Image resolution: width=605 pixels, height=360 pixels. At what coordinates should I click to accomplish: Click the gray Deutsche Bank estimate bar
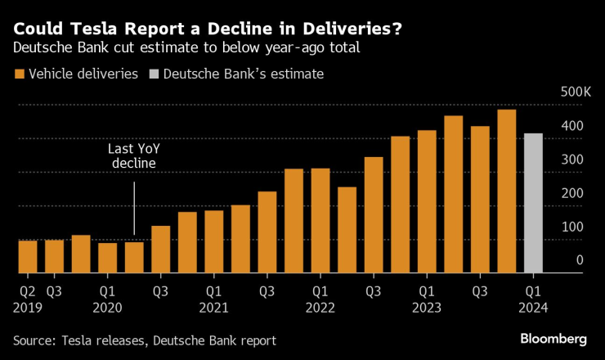tap(533, 203)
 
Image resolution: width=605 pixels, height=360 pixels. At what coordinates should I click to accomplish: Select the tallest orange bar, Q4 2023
tap(506, 191)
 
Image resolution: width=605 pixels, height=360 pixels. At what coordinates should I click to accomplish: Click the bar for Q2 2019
tap(28, 256)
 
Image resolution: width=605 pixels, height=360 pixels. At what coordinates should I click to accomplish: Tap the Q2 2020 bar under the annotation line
tap(134, 257)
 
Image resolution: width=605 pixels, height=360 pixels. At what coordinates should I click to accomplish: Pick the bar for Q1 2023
tap(427, 201)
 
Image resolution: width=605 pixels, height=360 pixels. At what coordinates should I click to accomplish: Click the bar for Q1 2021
tap(213, 241)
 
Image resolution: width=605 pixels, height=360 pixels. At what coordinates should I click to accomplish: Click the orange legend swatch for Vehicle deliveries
tap(18, 74)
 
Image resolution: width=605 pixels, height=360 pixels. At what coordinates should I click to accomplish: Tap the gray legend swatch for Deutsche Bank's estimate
tap(153, 74)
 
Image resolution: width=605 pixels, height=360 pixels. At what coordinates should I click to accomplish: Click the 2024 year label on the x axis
tap(533, 307)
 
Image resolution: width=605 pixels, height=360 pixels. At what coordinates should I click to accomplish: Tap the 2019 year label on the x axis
tap(28, 307)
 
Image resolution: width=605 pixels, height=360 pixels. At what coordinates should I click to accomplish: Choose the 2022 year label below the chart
tap(320, 307)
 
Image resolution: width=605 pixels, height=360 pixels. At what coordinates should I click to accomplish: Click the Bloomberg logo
tap(555, 338)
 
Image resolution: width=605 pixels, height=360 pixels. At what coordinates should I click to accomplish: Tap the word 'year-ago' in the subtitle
tap(269, 48)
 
